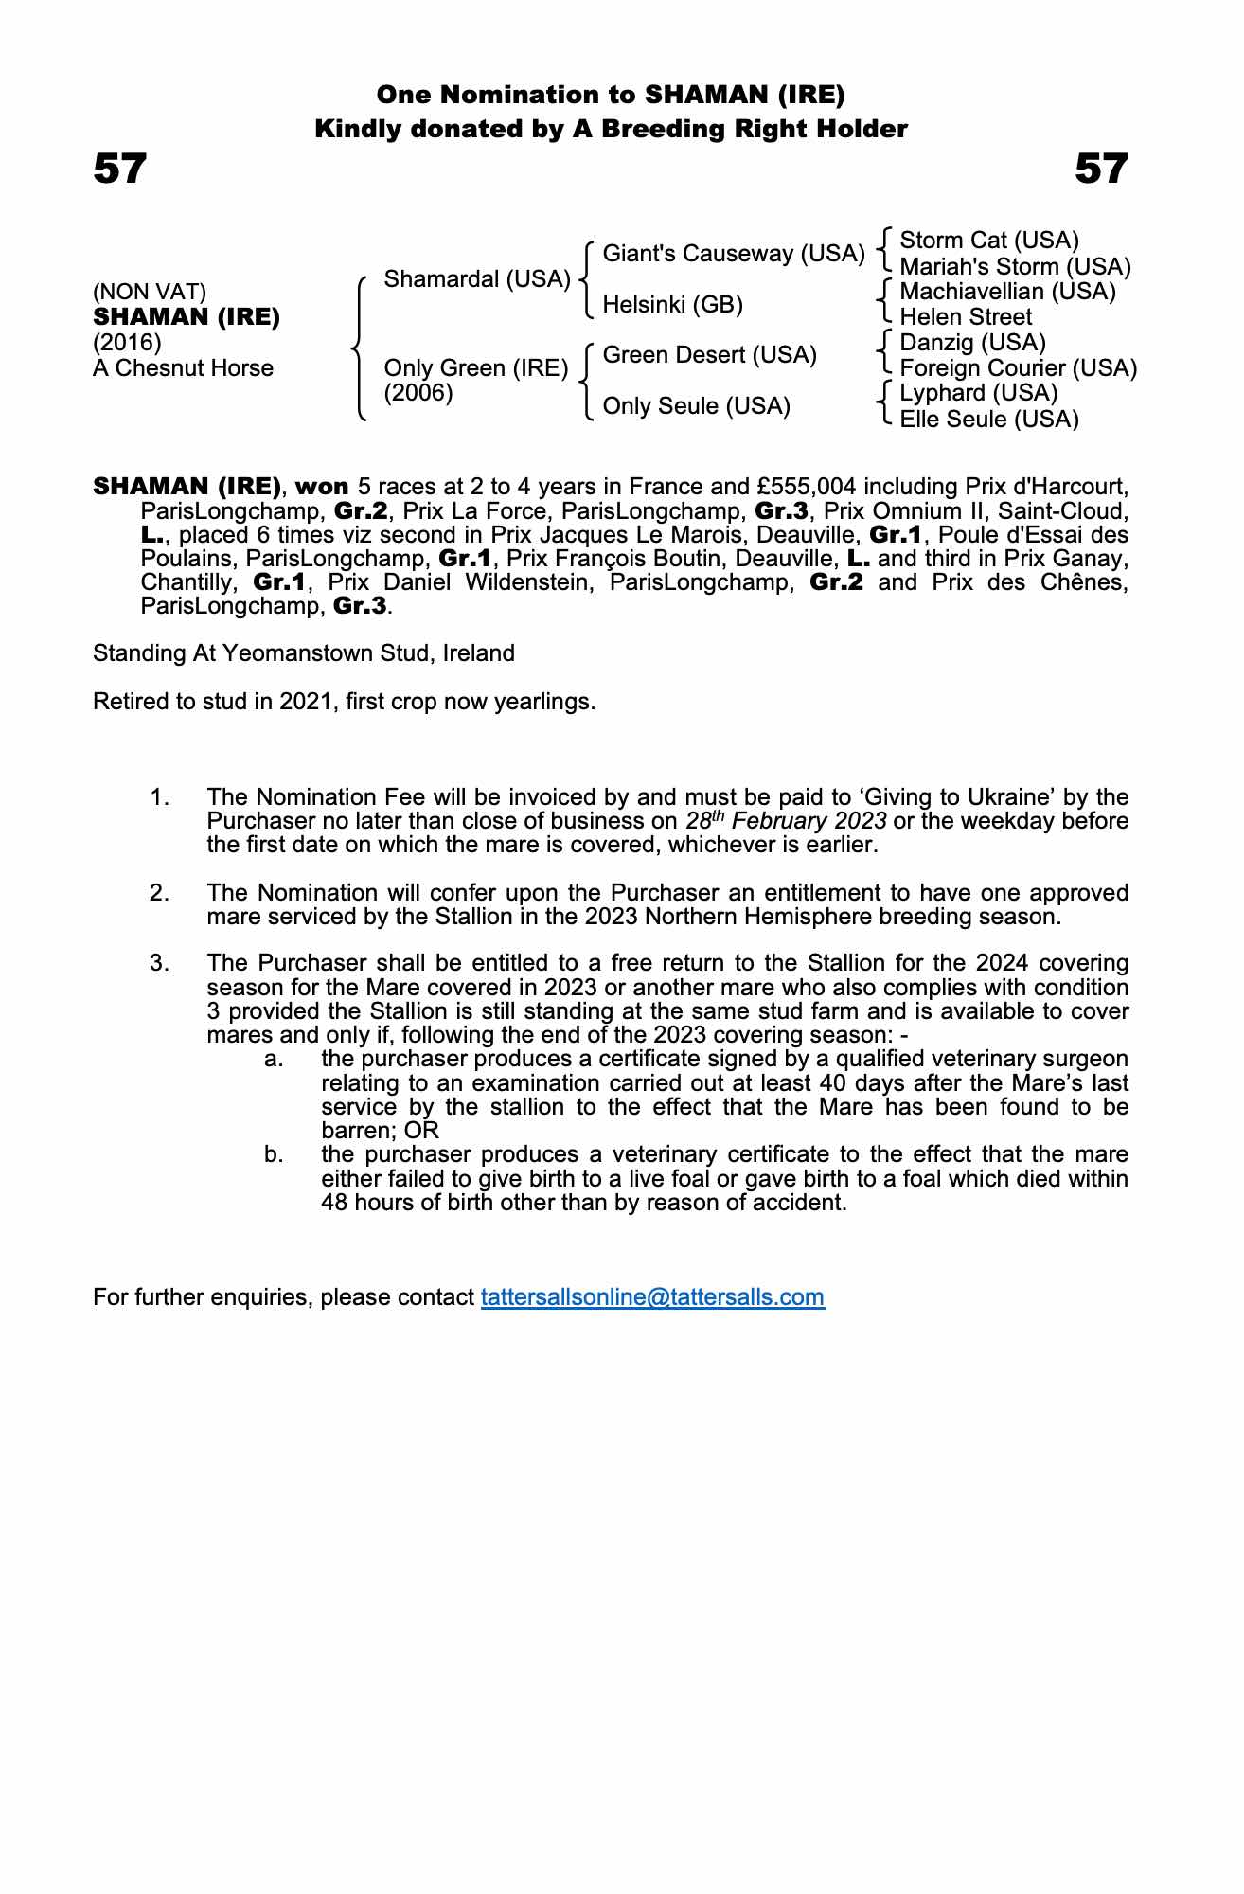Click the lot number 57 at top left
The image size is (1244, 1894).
click(120, 169)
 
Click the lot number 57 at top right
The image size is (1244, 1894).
click(1101, 169)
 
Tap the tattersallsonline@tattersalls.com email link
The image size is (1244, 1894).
click(652, 1296)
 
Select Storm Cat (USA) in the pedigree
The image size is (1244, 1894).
click(988, 241)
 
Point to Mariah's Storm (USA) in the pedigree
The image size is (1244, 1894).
click(1015, 266)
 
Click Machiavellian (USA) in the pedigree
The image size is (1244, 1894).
click(1007, 292)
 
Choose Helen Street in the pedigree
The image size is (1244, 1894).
click(966, 317)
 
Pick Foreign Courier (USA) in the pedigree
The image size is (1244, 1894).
click(1018, 368)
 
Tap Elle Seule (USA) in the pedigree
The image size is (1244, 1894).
click(988, 419)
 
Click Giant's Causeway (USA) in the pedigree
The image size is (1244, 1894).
click(734, 254)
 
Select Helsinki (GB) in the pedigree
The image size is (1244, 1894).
click(672, 305)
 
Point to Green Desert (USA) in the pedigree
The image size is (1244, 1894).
click(709, 355)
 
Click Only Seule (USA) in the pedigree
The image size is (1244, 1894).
click(696, 406)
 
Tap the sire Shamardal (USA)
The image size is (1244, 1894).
click(477, 279)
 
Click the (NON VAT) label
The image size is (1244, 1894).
click(150, 292)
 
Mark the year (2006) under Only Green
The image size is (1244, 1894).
click(418, 393)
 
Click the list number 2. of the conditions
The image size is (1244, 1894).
click(160, 893)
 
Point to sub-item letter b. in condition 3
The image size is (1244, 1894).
click(275, 1155)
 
